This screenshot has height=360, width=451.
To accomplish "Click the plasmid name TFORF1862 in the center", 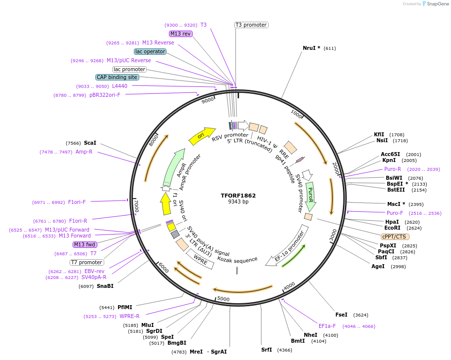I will coord(238,195).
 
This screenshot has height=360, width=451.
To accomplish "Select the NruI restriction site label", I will coord(311,48).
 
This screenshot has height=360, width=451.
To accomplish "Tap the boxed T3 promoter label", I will coord(251,25).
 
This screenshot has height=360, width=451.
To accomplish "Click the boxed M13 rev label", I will coord(180,34).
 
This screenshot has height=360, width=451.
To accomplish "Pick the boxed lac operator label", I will coord(150,51).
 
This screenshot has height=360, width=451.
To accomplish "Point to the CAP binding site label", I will coord(117,78).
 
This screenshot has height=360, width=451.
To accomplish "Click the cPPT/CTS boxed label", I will coord(395,237).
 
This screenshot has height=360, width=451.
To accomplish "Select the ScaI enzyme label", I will coord(90,143).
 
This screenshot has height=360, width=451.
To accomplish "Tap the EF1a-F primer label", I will coord(327,326).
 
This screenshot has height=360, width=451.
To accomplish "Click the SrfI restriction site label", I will coord(266,350).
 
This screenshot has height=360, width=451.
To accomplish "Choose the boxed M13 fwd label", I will coord(84,244).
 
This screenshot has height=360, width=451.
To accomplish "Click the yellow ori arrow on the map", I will coord(202,135).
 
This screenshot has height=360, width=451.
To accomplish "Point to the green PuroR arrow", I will coord(310,197).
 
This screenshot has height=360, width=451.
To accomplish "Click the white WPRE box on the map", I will coord(200,259).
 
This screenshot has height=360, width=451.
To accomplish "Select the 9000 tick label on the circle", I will coord(208,100).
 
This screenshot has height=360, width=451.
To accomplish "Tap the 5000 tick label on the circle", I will coord(224,299).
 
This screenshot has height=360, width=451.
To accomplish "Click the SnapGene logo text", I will coord(437,4).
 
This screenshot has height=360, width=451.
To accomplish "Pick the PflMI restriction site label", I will coord(124,307).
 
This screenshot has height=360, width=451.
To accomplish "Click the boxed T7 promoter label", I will coord(86,262).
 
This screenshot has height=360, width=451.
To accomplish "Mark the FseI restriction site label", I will coord(341,315).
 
